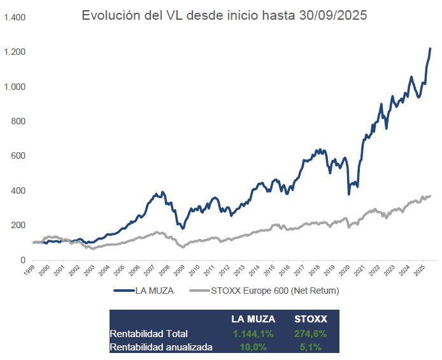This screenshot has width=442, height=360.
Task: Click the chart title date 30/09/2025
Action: [332, 16]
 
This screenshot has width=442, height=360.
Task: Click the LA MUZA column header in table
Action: [253, 319]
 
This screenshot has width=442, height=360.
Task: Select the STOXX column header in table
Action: [311, 319]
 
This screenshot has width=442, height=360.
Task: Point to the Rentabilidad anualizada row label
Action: [161, 347]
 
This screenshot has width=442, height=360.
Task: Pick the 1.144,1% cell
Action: [253, 333]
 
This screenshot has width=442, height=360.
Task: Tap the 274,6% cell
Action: [311, 333]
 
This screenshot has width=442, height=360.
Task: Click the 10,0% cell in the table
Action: [253, 347]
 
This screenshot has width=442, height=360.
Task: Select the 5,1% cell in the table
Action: [311, 347]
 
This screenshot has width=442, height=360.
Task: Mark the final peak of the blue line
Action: [430, 48]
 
